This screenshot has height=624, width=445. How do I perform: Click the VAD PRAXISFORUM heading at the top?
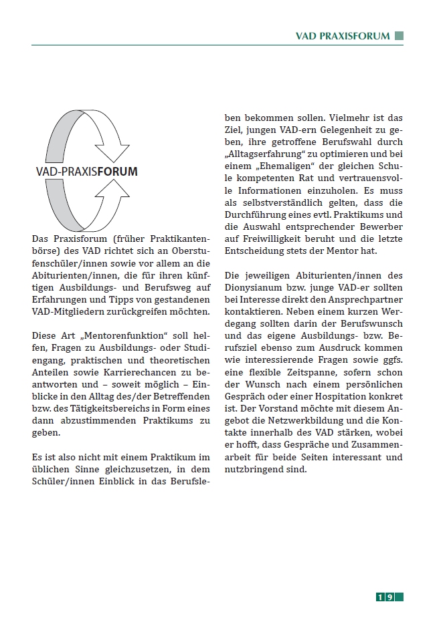(342, 36)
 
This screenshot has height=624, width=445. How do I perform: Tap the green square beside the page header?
(399, 36)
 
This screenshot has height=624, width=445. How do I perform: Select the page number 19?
(389, 597)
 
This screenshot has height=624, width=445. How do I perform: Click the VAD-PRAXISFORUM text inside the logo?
(86, 172)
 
